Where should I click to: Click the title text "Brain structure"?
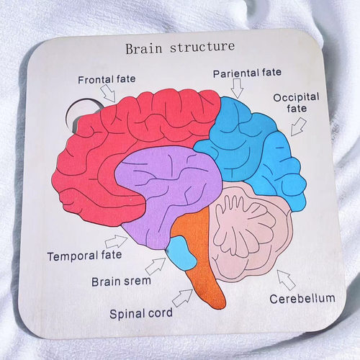(x=180, y=48)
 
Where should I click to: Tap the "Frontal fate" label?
(x=107, y=79)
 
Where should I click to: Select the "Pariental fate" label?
(x=247, y=73)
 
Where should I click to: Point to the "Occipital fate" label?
(x=297, y=103)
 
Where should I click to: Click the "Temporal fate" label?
(x=84, y=256)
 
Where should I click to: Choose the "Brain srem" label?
(x=121, y=282)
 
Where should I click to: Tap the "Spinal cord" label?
(x=141, y=314)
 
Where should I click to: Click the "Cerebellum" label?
(x=302, y=299)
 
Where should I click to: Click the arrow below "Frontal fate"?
(x=108, y=94)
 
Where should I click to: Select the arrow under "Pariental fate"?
(x=238, y=89)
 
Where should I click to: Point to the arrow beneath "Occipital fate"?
(x=298, y=127)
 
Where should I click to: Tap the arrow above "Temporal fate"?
(x=116, y=241)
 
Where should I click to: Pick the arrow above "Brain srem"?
(x=156, y=266)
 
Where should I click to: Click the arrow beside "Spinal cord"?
(x=182, y=298)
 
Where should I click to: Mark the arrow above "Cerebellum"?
(x=286, y=280)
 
